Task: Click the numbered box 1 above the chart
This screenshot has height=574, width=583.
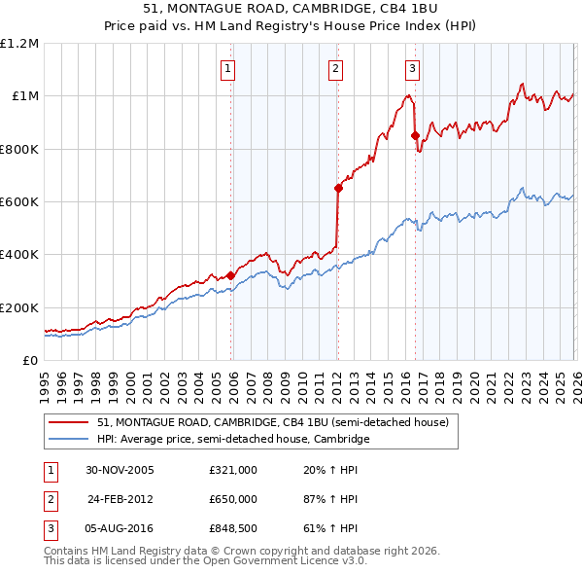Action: pos(227,68)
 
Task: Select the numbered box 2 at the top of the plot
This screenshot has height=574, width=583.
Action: pos(335,68)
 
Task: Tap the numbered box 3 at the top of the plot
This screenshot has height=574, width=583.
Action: pos(412,68)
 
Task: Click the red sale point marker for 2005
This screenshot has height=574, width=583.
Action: pos(231,275)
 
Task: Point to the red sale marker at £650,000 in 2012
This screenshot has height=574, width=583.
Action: pos(338,188)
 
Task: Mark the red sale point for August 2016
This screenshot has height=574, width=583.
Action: pos(415,135)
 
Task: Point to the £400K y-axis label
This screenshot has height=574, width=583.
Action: pos(20,255)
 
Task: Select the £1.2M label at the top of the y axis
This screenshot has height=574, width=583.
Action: pos(20,44)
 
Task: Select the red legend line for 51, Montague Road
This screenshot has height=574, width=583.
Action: pos(68,423)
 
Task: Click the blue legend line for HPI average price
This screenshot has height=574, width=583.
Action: pos(68,440)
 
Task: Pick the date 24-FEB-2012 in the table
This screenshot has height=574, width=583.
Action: pos(120,499)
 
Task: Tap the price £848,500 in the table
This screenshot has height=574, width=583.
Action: pos(233,528)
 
